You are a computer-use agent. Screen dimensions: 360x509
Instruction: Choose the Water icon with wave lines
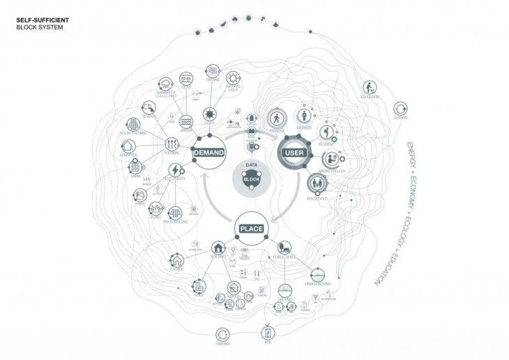186,120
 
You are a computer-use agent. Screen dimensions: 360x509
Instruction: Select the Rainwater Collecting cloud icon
166,83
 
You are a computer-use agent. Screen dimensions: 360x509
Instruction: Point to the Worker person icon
303,114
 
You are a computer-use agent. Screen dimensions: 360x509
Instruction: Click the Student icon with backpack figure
326,132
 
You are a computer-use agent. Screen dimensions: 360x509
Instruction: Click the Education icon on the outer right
369,88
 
